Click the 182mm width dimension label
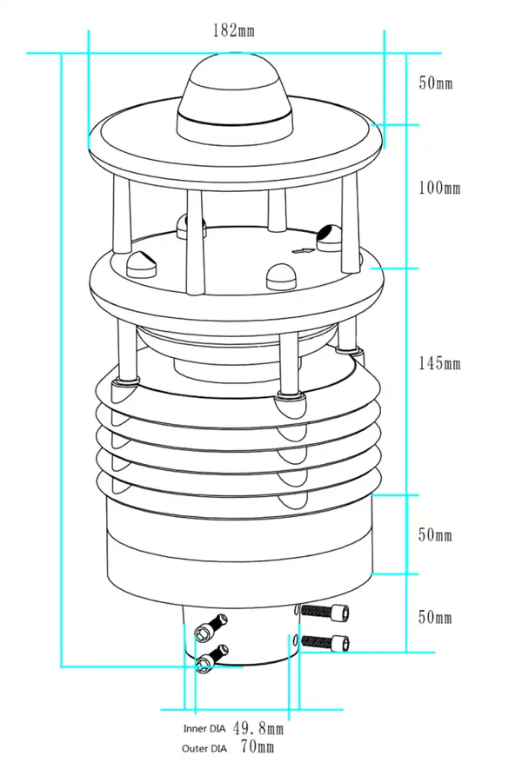(x=233, y=30)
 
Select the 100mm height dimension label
(x=439, y=188)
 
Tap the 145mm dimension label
(x=439, y=363)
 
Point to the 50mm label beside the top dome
(x=436, y=83)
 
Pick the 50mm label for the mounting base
(x=436, y=618)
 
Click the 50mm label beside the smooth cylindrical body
(x=436, y=535)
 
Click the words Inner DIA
(x=204, y=729)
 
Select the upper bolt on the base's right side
(x=331, y=613)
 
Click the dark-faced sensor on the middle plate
(x=329, y=235)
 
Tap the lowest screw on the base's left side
(x=204, y=665)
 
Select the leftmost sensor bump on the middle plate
(x=141, y=262)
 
